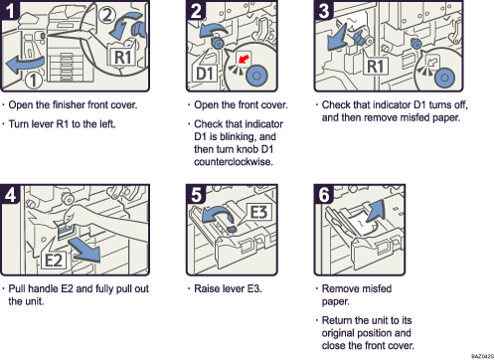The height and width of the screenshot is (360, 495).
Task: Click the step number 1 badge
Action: [x=12, y=12]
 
